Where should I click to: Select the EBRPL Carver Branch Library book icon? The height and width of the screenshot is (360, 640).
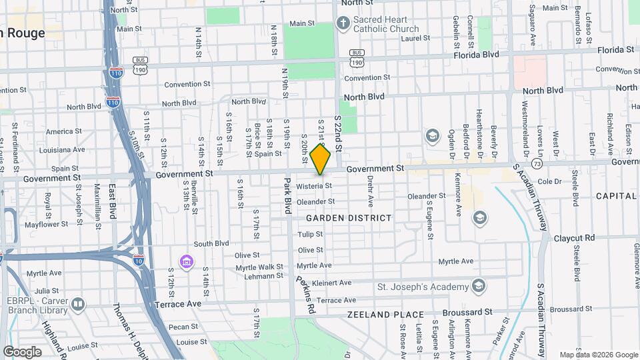pyautogui.click(x=78, y=305)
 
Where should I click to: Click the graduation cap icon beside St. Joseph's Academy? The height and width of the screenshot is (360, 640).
pyautogui.click(x=478, y=287)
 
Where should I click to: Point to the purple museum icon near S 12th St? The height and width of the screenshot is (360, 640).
pyautogui.click(x=186, y=261)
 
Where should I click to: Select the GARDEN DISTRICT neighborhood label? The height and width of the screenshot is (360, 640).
pyautogui.click(x=349, y=218)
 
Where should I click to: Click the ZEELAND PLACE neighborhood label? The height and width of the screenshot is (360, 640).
pyautogui.click(x=385, y=314)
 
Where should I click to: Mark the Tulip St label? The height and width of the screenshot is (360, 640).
pyautogui.click(x=310, y=235)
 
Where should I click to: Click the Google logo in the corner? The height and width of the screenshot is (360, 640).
pyautogui.click(x=22, y=351)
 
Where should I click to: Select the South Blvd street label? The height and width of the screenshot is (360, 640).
pyautogui.click(x=211, y=243)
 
